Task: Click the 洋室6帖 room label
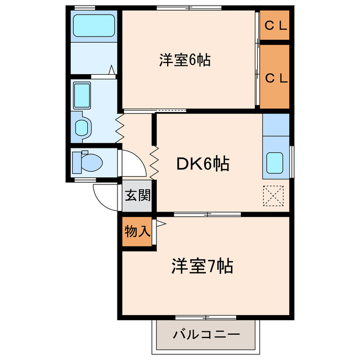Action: click(x=184, y=60)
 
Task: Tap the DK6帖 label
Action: click(x=203, y=164)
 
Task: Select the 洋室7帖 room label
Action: click(x=202, y=265)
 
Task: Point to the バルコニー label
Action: click(x=206, y=334)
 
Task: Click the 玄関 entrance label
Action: click(x=137, y=196)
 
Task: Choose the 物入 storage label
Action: click(x=137, y=231)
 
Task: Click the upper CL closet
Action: click(x=275, y=25)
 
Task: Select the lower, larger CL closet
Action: click(x=275, y=78)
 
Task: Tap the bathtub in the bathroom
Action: click(x=93, y=26)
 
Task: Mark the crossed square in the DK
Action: click(x=274, y=196)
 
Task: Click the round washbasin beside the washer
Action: click(x=81, y=127)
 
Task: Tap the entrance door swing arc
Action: click(x=105, y=197)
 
